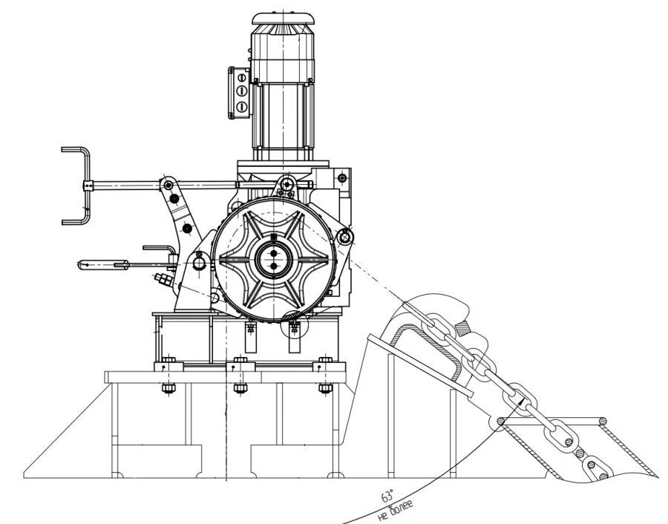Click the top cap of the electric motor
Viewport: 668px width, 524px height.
(x=282, y=21)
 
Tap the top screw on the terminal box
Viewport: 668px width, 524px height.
(x=240, y=76)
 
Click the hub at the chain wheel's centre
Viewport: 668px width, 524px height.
(x=273, y=259)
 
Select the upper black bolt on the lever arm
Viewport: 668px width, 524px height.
(x=175, y=198)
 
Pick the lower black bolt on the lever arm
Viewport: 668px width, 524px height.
(x=187, y=227)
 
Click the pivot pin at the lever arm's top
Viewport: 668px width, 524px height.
(x=168, y=183)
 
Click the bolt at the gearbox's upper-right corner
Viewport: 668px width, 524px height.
(x=341, y=177)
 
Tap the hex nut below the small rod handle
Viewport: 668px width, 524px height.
(x=163, y=278)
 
